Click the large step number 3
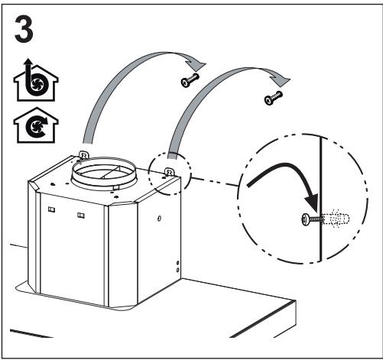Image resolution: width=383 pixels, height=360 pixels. point(24,29)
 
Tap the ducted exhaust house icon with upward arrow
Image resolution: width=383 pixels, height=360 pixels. point(36,80)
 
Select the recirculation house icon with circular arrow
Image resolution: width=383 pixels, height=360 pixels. point(36,125)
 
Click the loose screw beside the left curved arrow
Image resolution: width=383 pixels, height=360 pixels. point(190,79)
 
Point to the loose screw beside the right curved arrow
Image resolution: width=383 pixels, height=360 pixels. point(274,98)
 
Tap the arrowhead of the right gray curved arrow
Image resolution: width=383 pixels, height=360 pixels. point(281,79)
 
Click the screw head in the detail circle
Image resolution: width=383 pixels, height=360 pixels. point(306,220)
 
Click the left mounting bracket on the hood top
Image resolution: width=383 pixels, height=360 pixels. point(84,155)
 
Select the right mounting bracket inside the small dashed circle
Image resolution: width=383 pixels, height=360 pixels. point(169,172)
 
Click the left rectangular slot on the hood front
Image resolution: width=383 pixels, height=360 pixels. point(51,209)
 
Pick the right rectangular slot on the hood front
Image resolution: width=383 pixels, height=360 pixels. point(81,216)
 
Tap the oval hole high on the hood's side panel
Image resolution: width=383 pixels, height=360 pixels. point(159,219)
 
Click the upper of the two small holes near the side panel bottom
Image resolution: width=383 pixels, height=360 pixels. point(177,263)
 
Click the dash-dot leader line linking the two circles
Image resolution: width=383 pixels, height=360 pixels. point(215,182)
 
